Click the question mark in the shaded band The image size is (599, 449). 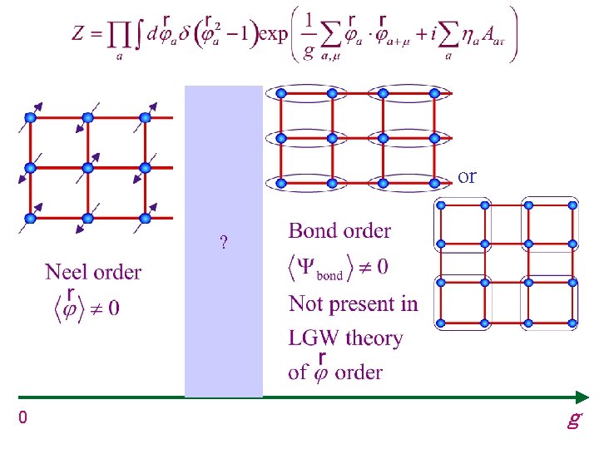[x=224, y=242]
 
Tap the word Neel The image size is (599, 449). [x=67, y=272]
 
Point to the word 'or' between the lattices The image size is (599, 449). [x=467, y=177]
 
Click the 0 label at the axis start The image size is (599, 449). [x=23, y=417]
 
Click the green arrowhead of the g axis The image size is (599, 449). [x=582, y=397]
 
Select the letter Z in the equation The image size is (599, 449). [x=77, y=32]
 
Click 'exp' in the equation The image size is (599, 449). [x=273, y=34]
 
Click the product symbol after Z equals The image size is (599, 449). [x=118, y=37]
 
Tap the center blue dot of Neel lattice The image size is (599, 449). [x=87, y=168]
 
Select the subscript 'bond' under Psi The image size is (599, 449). [x=329, y=275]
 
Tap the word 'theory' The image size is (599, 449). [x=374, y=339]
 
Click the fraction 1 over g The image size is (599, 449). [x=309, y=37]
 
